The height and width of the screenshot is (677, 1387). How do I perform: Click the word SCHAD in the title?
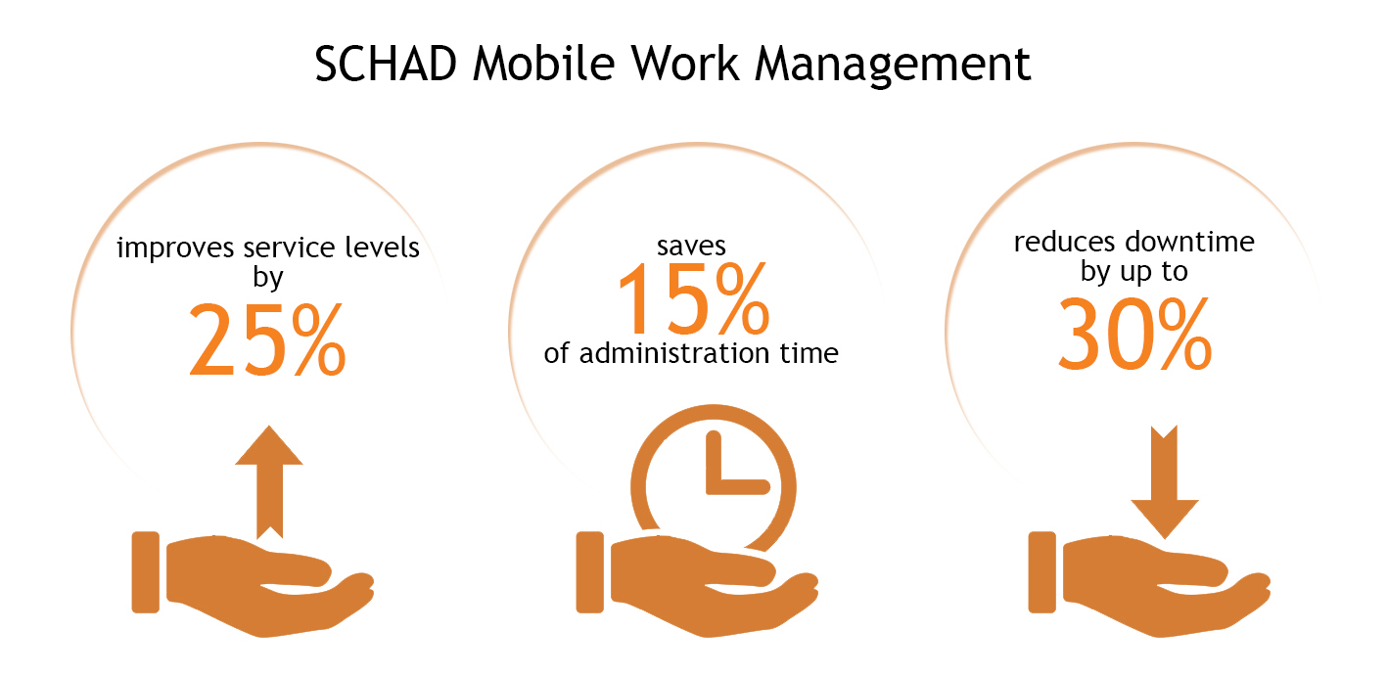[x=386, y=64]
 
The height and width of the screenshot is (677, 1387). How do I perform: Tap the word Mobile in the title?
[x=543, y=64]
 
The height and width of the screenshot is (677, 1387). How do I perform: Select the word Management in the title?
[x=893, y=65]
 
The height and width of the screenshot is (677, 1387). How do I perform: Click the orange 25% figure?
[x=267, y=339]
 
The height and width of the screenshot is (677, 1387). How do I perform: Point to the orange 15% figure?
[x=693, y=298]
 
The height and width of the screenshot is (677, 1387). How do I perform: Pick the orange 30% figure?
[x=1134, y=334]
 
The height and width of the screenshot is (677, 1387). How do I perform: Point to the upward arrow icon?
[x=269, y=481]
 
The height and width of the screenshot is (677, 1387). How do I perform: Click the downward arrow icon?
[x=1165, y=482]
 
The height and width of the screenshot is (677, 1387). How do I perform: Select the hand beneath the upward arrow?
[x=253, y=585]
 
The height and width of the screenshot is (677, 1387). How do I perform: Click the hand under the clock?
[x=697, y=585]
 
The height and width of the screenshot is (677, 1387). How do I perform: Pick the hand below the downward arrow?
[x=1149, y=585]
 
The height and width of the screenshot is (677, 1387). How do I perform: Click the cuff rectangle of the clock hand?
[x=589, y=572]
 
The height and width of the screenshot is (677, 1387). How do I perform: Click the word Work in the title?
[x=685, y=64]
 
